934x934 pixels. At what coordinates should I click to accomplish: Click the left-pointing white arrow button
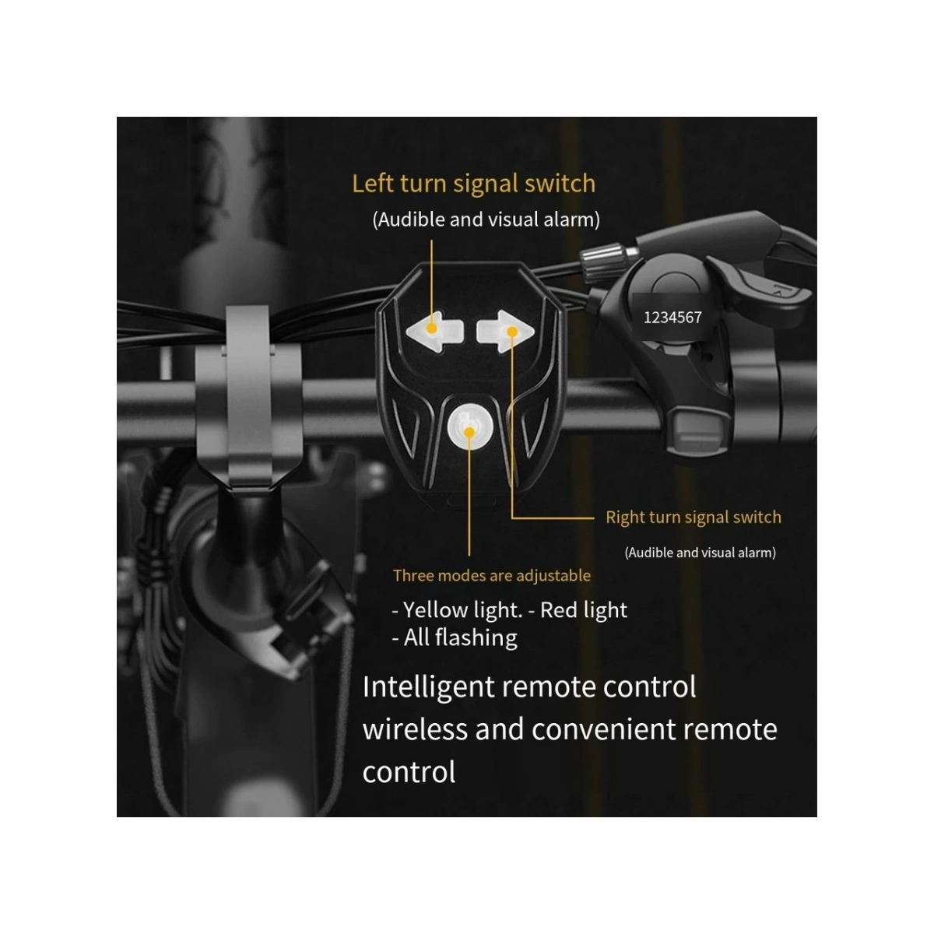[434, 331]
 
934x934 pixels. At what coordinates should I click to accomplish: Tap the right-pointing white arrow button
[505, 331]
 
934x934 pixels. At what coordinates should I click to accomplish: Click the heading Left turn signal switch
[473, 184]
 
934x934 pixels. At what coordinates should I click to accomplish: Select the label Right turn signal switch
[693, 518]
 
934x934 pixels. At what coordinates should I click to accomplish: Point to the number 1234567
[672, 318]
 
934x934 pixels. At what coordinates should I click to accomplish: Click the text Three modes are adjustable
[491, 575]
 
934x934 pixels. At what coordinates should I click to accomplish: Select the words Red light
[584, 610]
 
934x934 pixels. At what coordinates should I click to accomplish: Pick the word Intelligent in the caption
[428, 688]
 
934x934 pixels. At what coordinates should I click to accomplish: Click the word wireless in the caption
[416, 729]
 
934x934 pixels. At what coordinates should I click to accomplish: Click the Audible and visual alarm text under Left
[486, 219]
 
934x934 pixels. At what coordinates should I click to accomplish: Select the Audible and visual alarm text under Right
[700, 553]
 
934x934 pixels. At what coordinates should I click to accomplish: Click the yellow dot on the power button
[469, 432]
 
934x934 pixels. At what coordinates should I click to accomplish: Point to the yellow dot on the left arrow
[431, 328]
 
